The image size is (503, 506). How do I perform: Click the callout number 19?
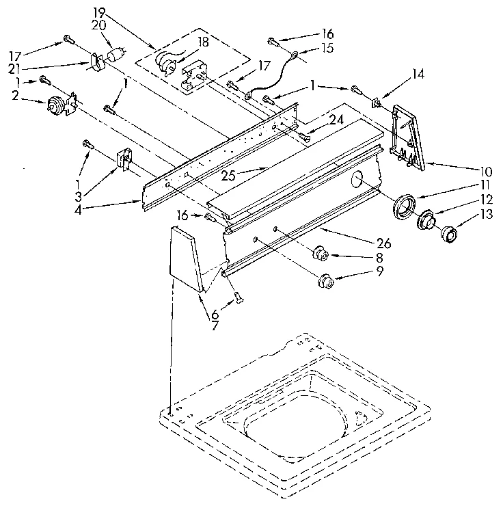click(100, 11)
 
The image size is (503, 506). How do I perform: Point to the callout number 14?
click(418, 73)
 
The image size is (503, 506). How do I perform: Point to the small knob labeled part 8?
click(319, 256)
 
